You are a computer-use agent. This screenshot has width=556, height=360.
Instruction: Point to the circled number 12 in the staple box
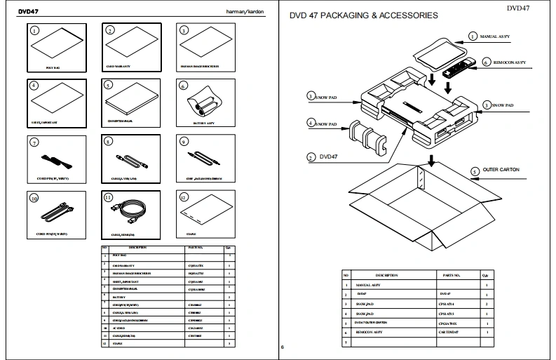coord(183,198)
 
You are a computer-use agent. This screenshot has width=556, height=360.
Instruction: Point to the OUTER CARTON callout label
coord(500,170)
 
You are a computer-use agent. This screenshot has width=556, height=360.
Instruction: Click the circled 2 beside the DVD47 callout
coord(311,157)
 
